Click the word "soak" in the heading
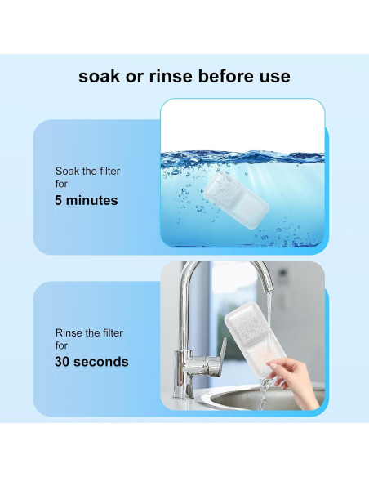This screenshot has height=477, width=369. (x=100, y=76)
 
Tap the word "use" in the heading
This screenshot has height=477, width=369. (x=273, y=76)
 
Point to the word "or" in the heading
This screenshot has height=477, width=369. (x=134, y=76)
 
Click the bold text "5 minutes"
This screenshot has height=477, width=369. (x=87, y=200)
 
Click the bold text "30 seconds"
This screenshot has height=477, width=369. (x=91, y=361)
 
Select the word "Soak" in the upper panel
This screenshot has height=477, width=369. (x=68, y=172)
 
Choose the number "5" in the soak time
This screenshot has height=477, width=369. (x=60, y=200)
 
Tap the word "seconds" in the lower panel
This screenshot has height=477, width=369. (x=102, y=361)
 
